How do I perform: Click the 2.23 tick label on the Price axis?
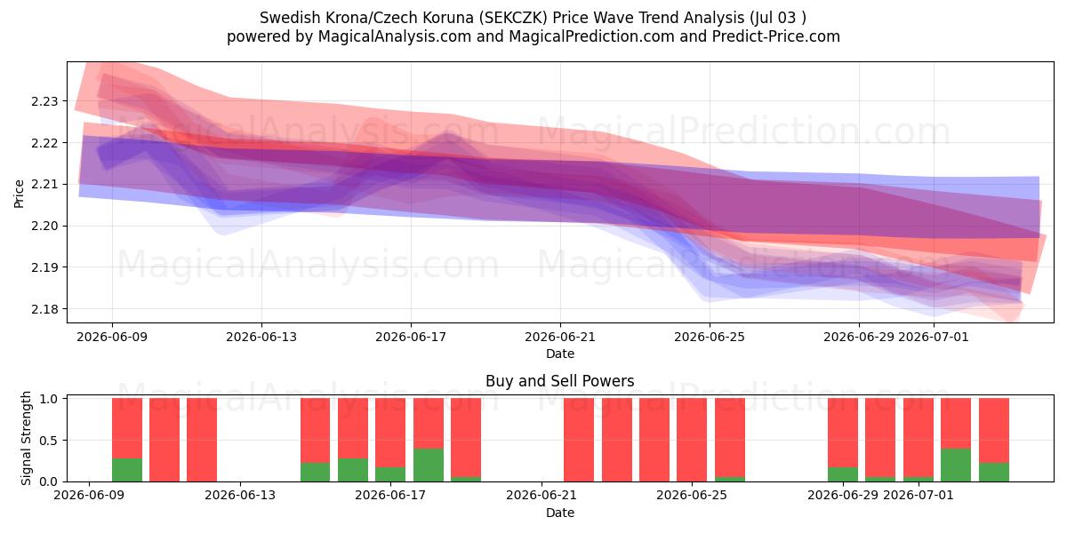point(44,101)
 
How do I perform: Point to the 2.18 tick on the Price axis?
point(44,309)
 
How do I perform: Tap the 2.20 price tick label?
point(44,226)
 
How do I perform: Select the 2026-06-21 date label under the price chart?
point(560,337)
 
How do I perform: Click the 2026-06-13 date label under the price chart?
point(261,337)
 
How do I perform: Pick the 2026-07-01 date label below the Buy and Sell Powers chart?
point(919,495)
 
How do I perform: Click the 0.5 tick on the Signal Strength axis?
point(48,441)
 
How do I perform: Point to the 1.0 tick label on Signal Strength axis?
point(48,399)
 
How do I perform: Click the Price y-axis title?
point(19,194)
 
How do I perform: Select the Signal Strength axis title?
point(26,438)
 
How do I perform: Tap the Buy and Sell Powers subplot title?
point(559,381)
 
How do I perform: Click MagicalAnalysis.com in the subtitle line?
point(395,36)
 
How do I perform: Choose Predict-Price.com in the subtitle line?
point(776,36)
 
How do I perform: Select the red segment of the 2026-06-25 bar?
point(730,438)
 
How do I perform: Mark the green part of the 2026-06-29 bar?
point(843,474)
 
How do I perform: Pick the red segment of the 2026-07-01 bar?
point(919,438)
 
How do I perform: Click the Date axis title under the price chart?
point(560,354)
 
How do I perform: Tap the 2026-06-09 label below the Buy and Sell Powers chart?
point(89,495)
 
